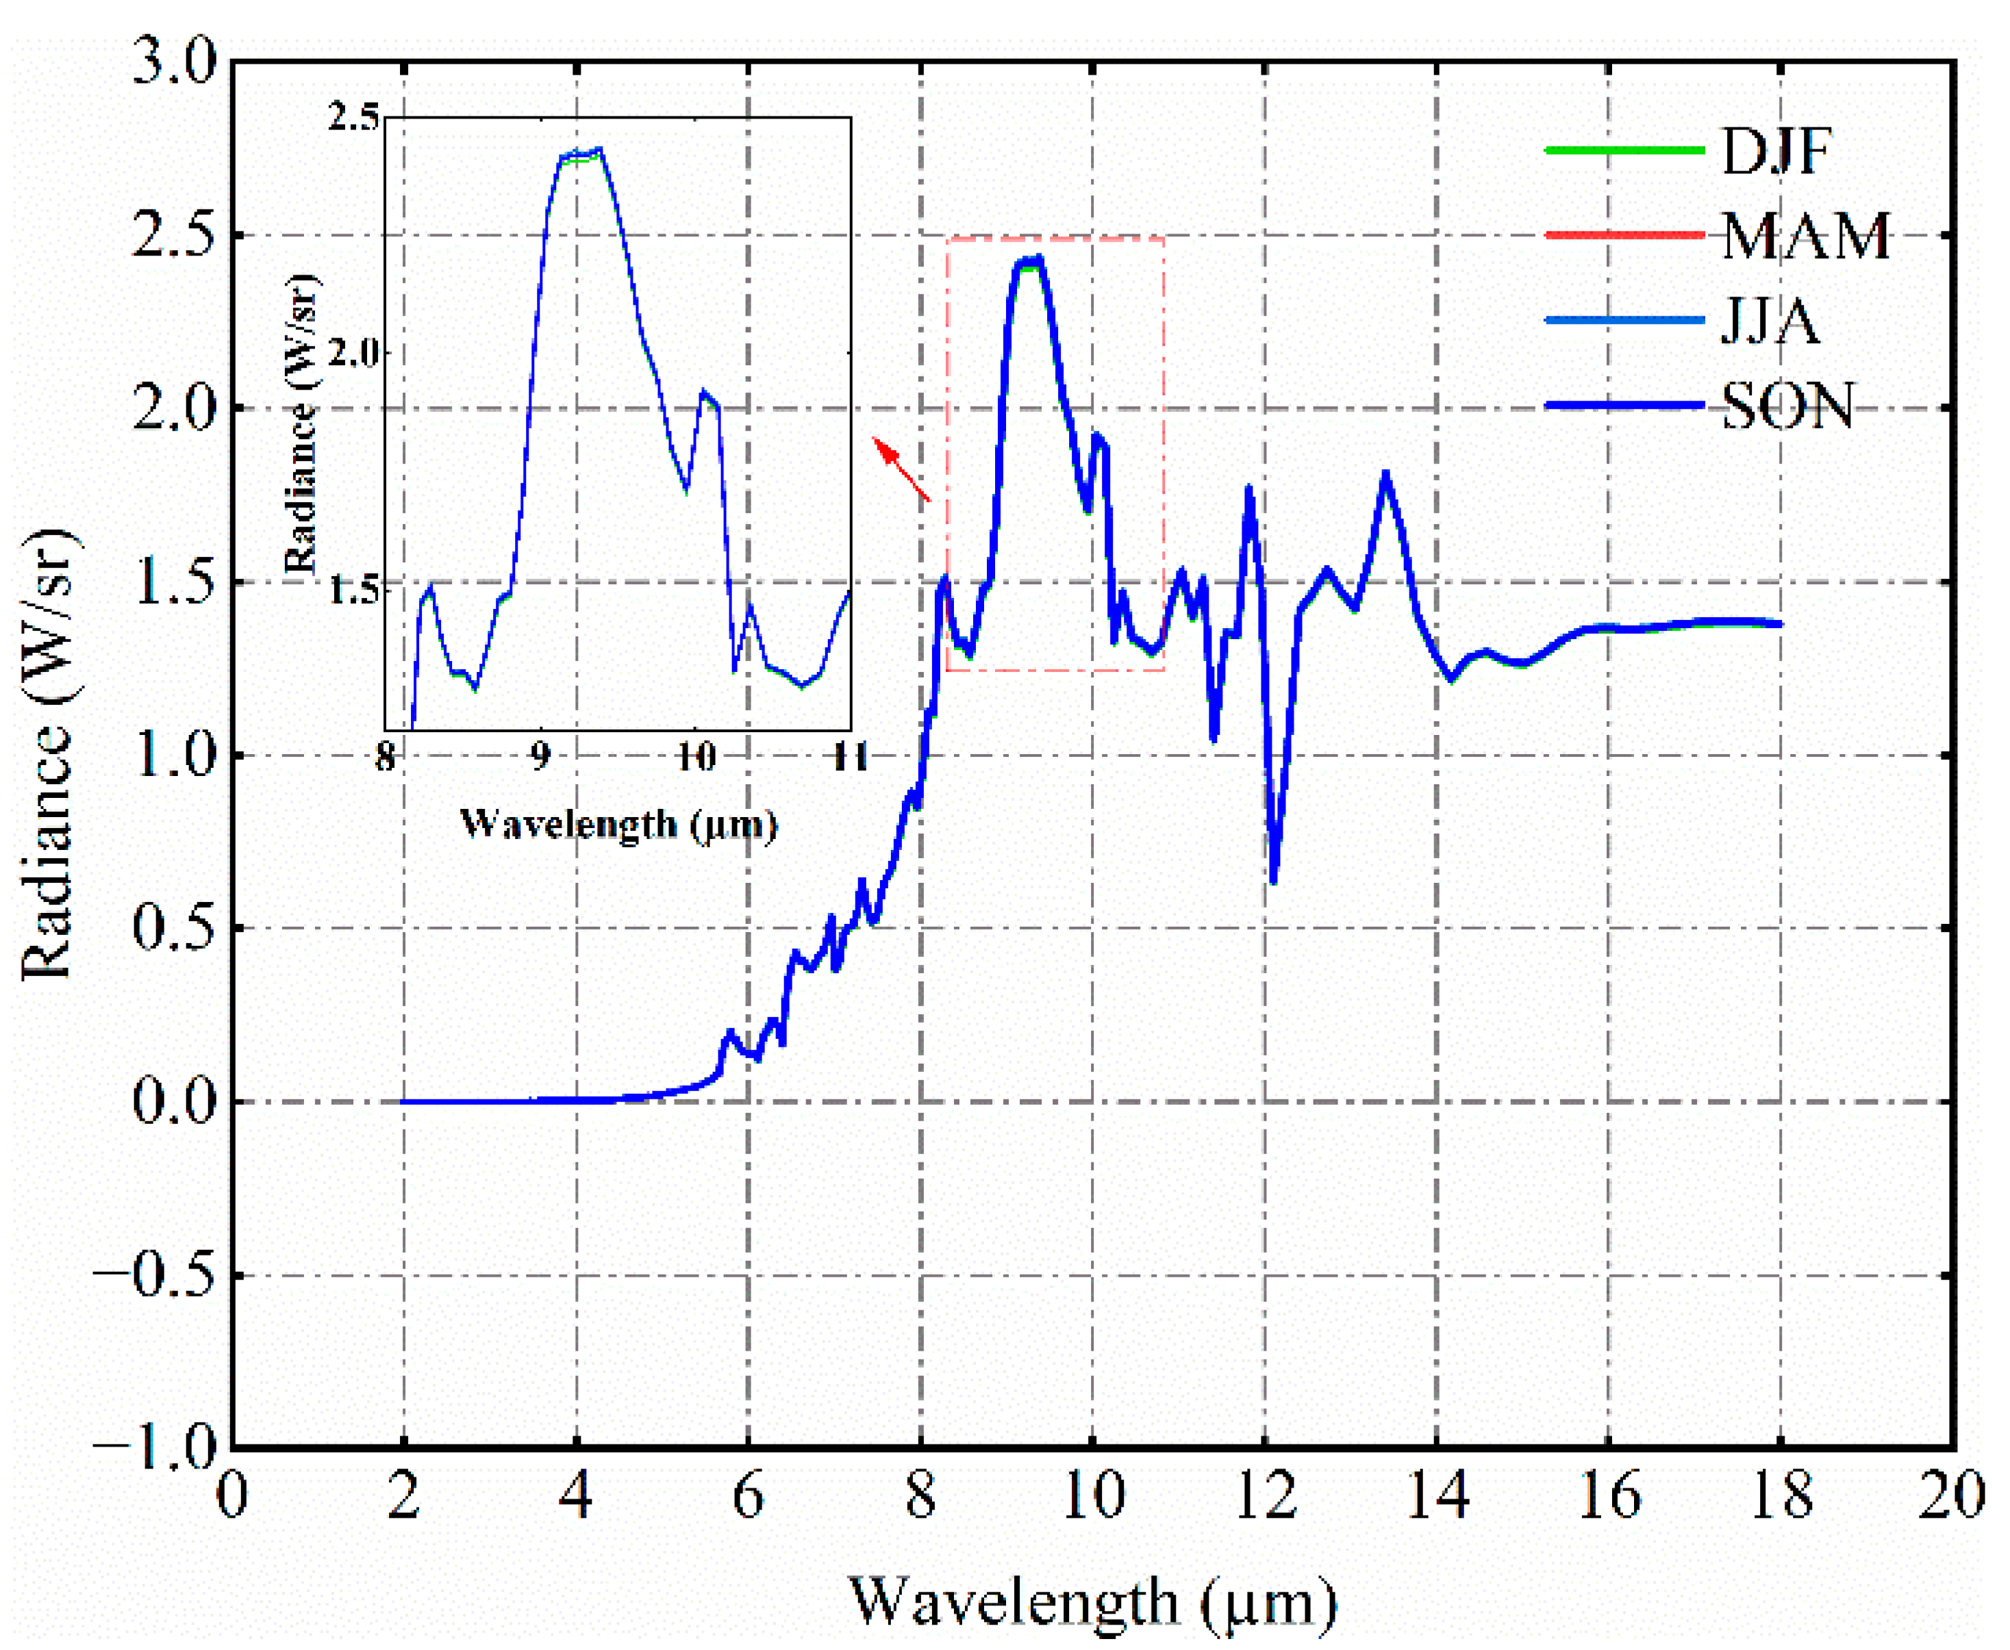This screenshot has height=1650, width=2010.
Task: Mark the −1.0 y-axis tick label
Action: [158, 1449]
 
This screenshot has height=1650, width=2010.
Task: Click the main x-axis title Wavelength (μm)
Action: [1093, 1601]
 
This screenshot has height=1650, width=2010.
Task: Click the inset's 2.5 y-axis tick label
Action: [353, 118]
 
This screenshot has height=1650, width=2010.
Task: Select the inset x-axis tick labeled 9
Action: [540, 758]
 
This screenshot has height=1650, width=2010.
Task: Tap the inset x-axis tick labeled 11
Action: [850, 758]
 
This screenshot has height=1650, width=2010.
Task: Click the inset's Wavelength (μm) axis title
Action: [618, 823]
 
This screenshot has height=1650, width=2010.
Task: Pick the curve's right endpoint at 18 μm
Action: [1779, 625]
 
